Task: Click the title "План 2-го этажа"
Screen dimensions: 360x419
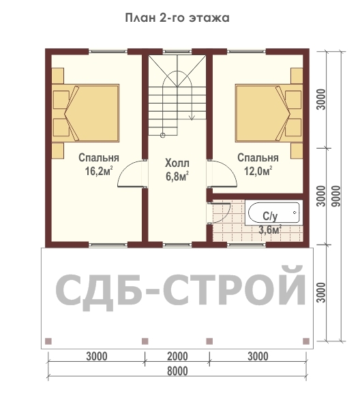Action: coord(177,18)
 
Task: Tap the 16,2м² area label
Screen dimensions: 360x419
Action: coord(99,171)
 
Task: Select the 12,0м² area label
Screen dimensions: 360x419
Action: coord(258,171)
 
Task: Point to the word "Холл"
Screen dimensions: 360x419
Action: coord(177,163)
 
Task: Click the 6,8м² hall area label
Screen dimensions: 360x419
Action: coord(177,176)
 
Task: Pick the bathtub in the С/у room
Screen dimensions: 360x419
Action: coord(274,213)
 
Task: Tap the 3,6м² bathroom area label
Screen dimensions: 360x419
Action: coord(270,230)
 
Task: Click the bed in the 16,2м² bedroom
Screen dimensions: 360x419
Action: coord(85,113)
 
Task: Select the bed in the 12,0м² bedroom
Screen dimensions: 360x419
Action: coord(269,113)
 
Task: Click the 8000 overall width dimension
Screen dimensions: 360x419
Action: coord(177,371)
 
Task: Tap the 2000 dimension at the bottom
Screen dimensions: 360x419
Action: coord(177,356)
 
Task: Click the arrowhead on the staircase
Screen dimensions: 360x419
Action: coord(192,117)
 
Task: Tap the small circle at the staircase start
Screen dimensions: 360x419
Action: coord(162,135)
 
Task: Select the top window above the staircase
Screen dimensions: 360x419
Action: coord(177,52)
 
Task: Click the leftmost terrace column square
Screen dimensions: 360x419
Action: coord(48,341)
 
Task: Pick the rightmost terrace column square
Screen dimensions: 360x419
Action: coord(306,341)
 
